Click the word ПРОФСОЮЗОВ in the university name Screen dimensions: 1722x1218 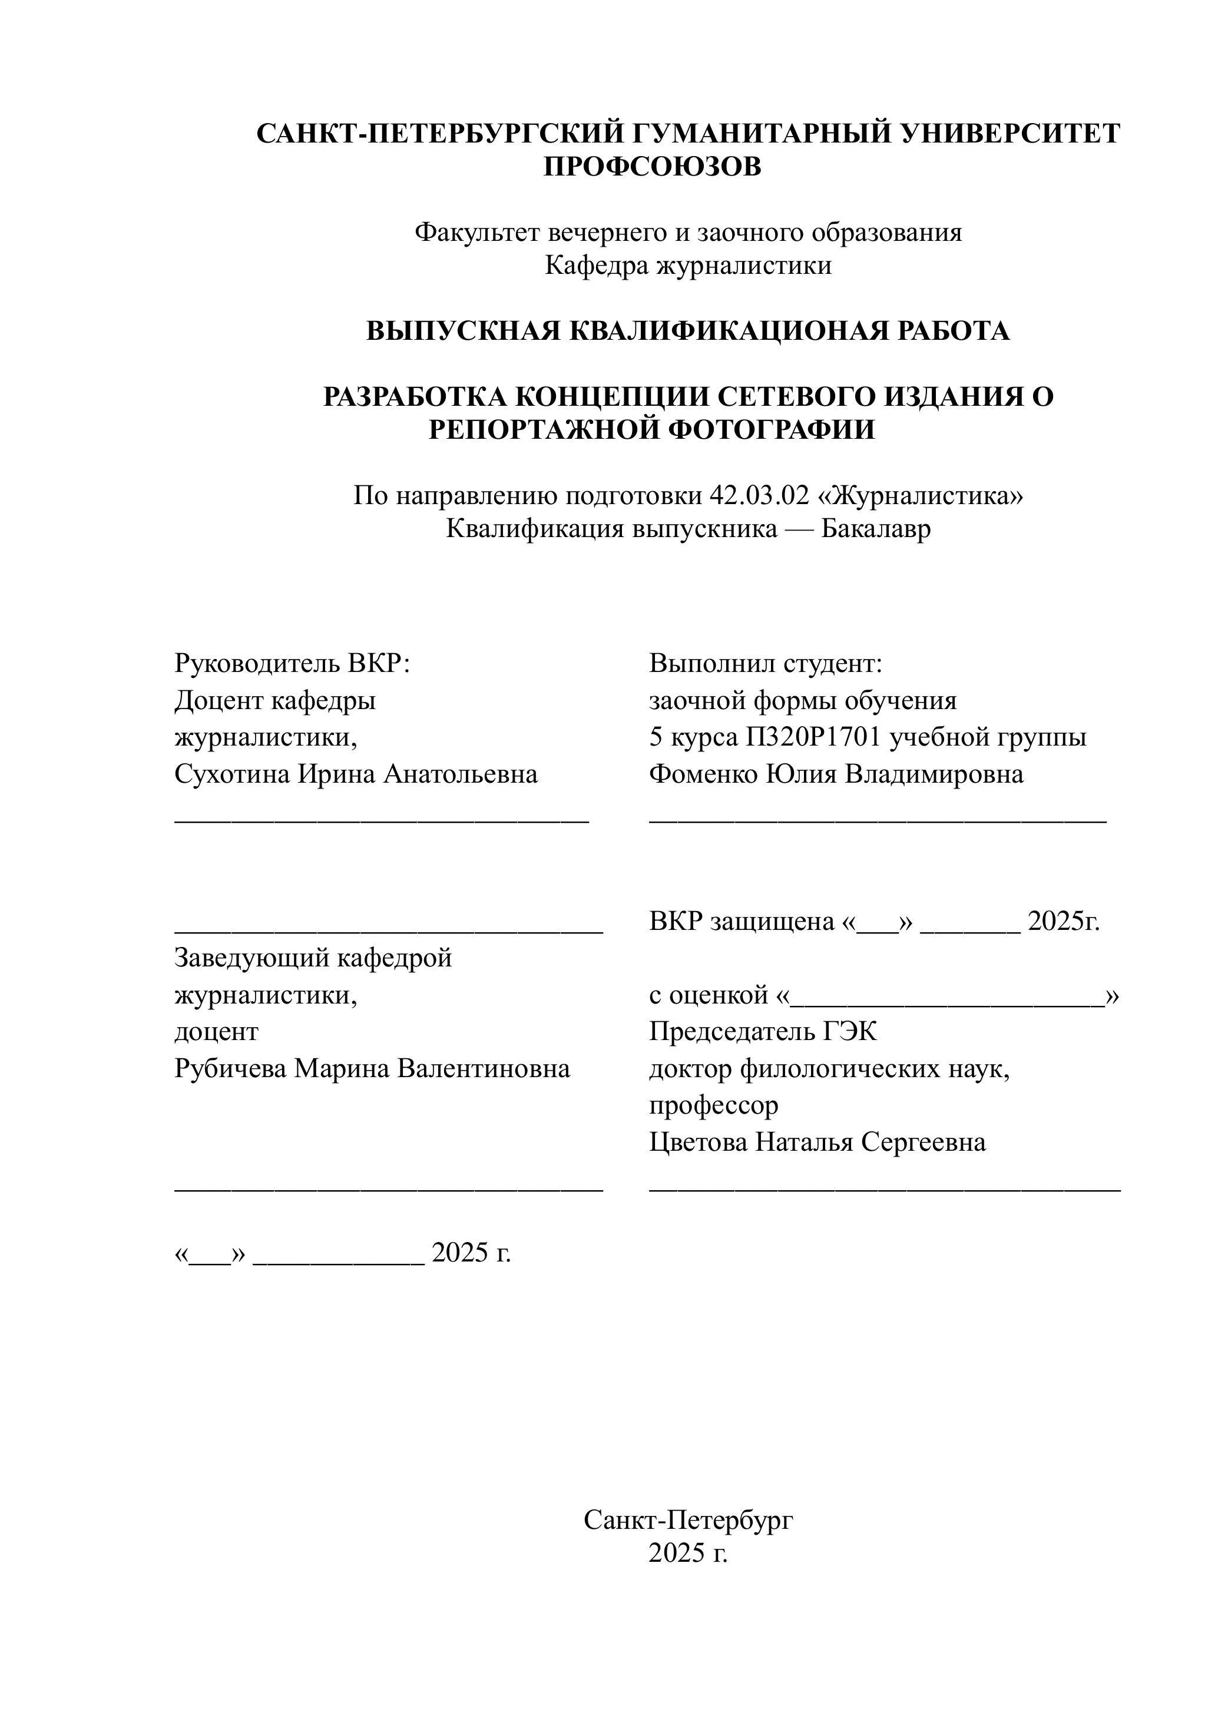652,167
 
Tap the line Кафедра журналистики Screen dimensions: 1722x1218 688,266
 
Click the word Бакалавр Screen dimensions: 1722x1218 876,529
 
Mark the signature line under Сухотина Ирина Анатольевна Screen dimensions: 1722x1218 382,822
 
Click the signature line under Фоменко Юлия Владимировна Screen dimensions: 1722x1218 878,822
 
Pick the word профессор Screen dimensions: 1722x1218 713,1105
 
